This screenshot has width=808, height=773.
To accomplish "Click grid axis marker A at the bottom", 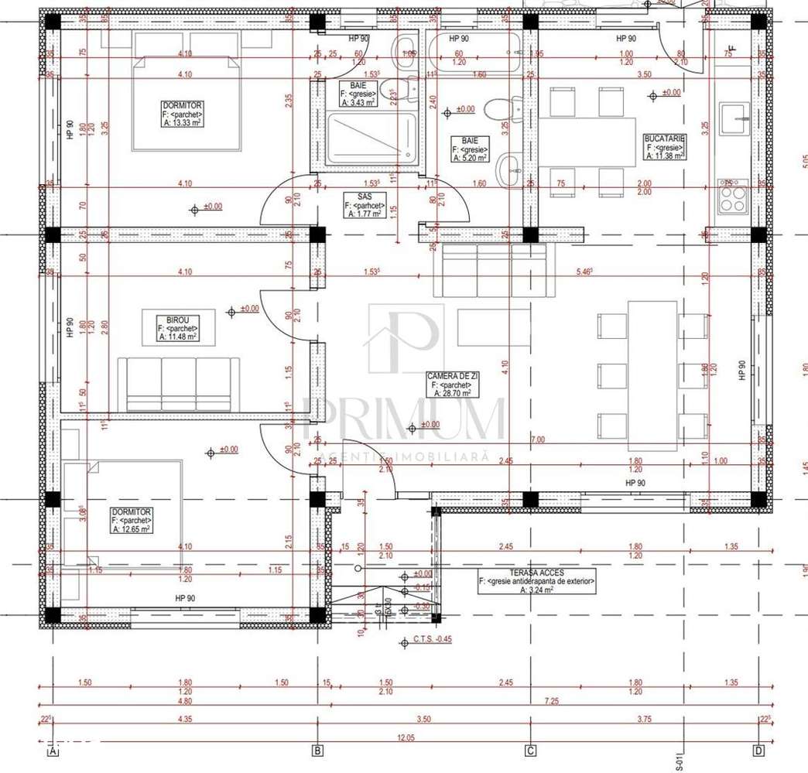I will coord(53,751).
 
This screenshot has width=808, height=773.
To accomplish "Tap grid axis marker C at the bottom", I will coord(530,751).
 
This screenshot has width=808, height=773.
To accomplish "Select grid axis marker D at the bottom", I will coord(759,751).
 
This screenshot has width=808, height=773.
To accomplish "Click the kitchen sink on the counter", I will coord(732,119).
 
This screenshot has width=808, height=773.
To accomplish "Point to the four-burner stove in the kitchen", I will coord(733,196).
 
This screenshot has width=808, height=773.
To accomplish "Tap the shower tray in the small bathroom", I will coord(371,139).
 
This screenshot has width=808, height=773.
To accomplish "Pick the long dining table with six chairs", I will coord(652,375).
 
